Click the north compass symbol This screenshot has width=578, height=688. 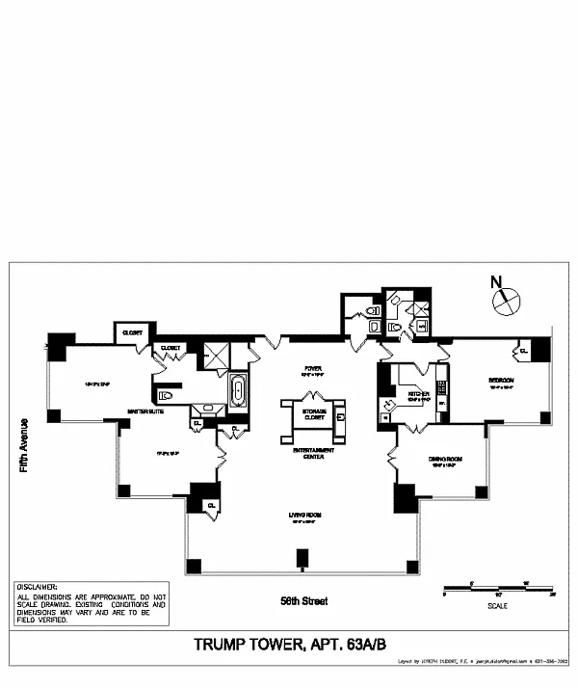click(504, 302)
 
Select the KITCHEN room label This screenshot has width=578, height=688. click(418, 394)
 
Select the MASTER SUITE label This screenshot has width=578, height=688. click(144, 411)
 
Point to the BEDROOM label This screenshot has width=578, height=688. click(501, 381)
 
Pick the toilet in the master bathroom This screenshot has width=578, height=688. click(164, 394)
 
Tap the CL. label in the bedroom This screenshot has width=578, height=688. click(523, 352)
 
